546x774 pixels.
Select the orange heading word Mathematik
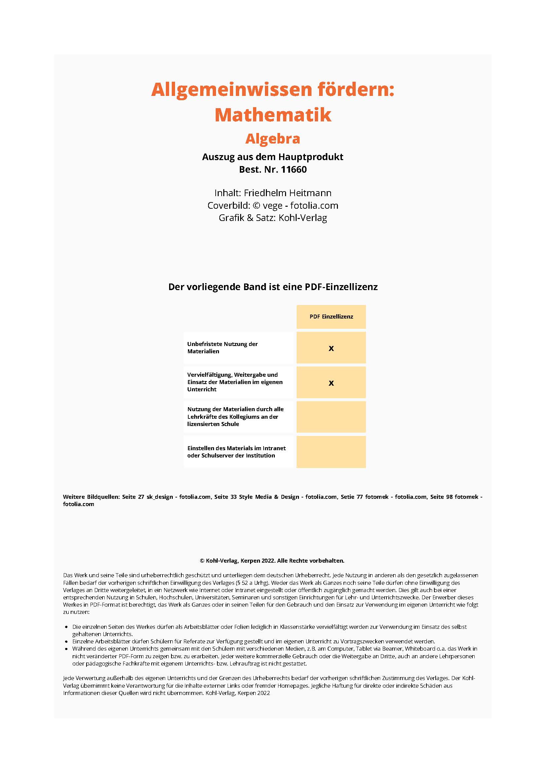pos(273,115)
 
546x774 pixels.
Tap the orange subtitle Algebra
pos(273,139)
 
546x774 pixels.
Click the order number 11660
pos(294,169)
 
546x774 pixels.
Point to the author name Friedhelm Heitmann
pos(287,193)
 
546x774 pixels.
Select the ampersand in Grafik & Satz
pos(250,218)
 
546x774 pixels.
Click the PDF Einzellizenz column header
pos(331,317)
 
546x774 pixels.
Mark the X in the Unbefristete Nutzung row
pos(331,348)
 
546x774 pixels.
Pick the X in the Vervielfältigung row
pos(331,383)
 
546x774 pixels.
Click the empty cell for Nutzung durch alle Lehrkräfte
pos(331,417)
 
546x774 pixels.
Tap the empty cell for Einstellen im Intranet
pos(331,452)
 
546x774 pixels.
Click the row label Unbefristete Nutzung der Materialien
pos(222,348)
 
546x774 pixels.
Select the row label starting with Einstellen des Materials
pos(236,452)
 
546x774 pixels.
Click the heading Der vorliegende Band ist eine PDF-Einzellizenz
pos(273,287)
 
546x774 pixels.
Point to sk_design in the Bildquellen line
pos(160,497)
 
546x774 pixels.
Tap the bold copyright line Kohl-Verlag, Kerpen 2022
pos(272,561)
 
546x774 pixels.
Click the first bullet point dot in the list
pos(66,627)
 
